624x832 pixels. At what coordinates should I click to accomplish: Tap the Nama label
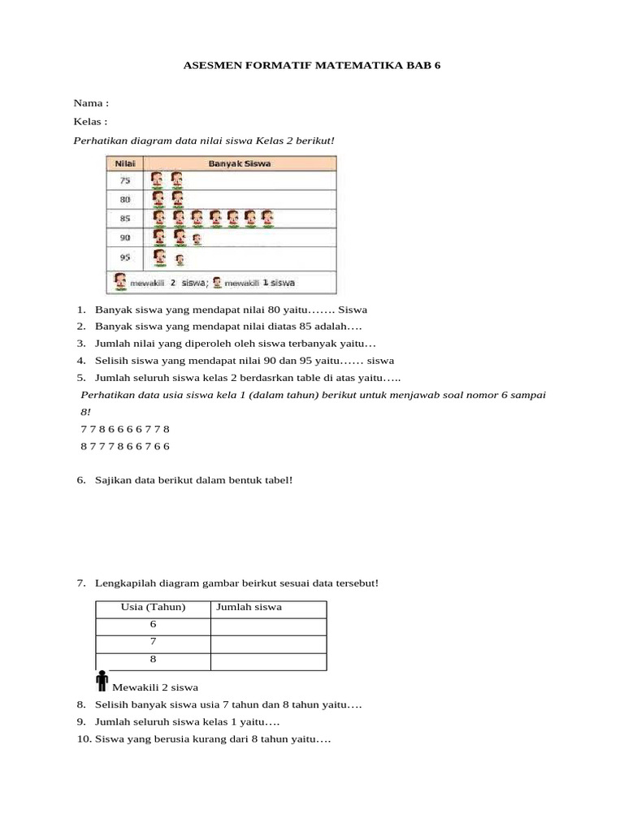coord(90,103)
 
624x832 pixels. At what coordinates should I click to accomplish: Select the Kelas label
coord(90,122)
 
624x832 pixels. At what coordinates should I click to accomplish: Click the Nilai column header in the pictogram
coord(125,164)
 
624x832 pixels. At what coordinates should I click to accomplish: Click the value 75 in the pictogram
coord(125,180)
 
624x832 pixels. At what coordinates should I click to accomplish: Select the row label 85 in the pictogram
coord(125,219)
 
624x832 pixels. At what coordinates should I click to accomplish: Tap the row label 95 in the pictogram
coord(125,258)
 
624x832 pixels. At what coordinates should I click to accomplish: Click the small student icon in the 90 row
coord(198,239)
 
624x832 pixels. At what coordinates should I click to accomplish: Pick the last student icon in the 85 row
coord(266,219)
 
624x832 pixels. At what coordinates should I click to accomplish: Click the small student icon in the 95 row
coord(179,260)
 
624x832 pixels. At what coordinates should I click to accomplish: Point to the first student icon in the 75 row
coord(159,180)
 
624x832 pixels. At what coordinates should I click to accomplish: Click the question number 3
coord(81,344)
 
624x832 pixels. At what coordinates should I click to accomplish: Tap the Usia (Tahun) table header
coord(153,608)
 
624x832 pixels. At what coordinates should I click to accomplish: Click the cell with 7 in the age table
coord(153,643)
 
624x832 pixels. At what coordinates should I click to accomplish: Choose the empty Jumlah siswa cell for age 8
coord(269,661)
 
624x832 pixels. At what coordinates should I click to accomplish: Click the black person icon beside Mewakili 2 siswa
coord(102,681)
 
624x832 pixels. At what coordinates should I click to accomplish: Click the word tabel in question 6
coord(275,480)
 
